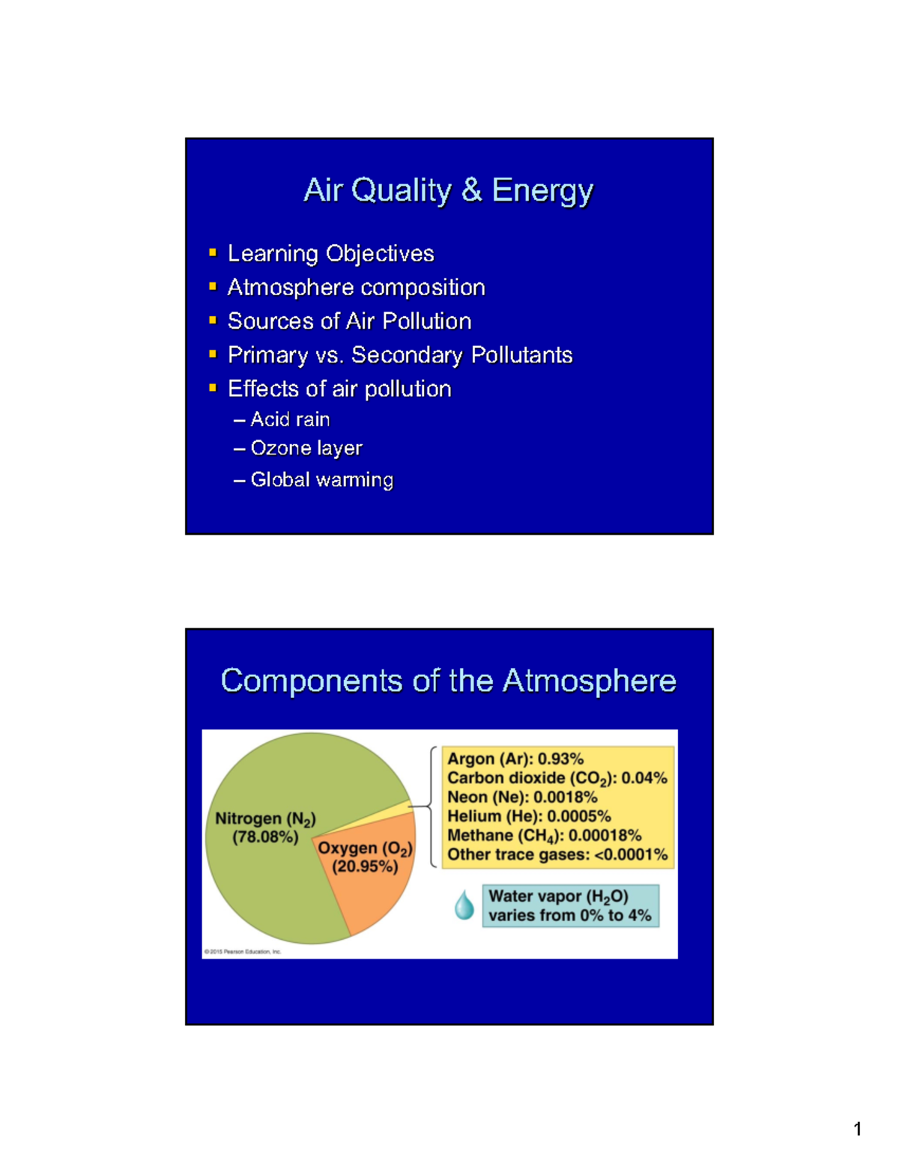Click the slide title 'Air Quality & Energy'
[448, 190]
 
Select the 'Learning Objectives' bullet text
[330, 254]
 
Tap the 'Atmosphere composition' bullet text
[356, 288]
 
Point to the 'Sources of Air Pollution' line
[349, 321]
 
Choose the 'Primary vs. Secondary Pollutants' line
[400, 355]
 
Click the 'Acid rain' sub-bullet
[290, 419]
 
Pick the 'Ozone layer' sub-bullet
[306, 449]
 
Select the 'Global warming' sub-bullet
[321, 480]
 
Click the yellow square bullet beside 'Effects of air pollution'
[213, 388]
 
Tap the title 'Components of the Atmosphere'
[448, 681]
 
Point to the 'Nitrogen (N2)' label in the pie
[265, 819]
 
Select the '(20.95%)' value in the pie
[365, 867]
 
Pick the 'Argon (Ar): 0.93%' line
[515, 759]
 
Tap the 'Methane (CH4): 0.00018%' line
[544, 836]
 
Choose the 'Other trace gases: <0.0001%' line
[557, 855]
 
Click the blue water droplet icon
[464, 905]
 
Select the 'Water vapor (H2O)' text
[558, 896]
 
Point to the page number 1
[857, 1129]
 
